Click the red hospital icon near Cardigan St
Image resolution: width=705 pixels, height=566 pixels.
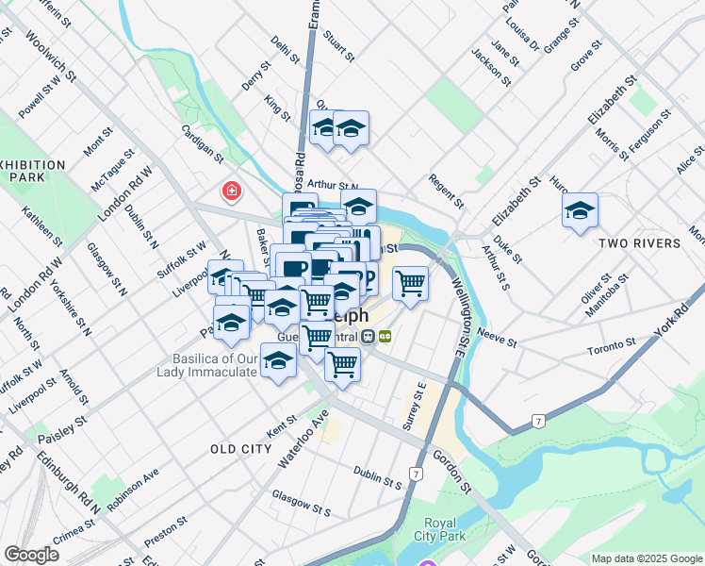pos(230,191)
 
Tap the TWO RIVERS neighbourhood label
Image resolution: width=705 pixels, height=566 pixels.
pos(639,243)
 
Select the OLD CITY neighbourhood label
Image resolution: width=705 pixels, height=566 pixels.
pos(241,449)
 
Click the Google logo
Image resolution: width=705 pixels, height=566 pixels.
pos(31,555)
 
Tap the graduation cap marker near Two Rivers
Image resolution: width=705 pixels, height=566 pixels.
pos(580,211)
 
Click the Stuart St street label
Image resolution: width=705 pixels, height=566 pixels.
pos(338,44)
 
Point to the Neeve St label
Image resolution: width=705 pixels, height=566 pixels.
pos(498,339)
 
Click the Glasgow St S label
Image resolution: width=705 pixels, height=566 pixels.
pos(301,504)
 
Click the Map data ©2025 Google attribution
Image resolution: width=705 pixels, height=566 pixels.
pos(646,558)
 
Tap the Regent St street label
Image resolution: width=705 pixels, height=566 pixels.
pos(446,191)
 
